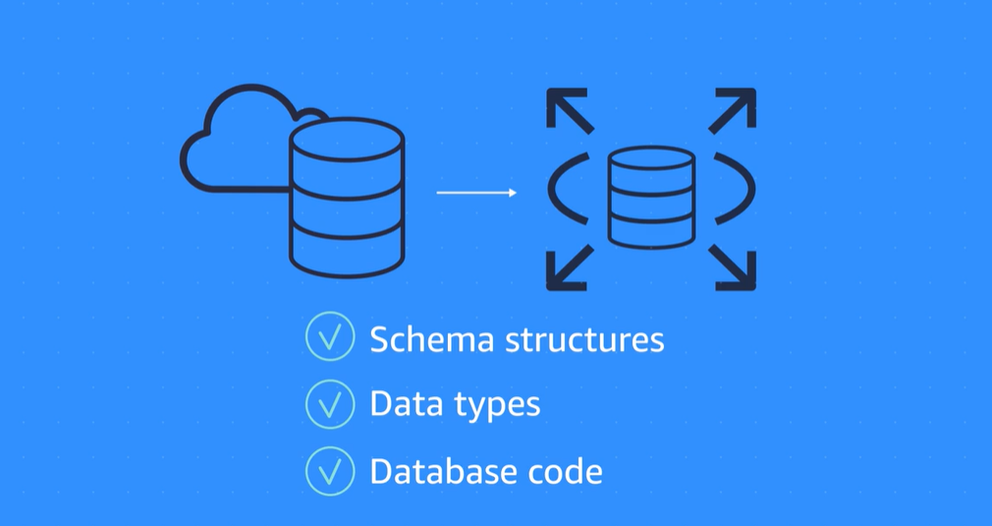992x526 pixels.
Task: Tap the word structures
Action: [584, 340]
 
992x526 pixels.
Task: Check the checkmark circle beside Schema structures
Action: [330, 338]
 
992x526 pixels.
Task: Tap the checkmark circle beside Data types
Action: [330, 404]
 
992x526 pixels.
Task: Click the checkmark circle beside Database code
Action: [330, 472]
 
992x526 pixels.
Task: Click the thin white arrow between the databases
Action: [476, 193]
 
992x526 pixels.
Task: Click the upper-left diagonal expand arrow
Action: [570, 110]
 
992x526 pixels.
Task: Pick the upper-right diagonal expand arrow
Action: [733, 110]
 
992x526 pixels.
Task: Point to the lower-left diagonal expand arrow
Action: [570, 267]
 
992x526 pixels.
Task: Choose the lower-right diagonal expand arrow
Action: [733, 267]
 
